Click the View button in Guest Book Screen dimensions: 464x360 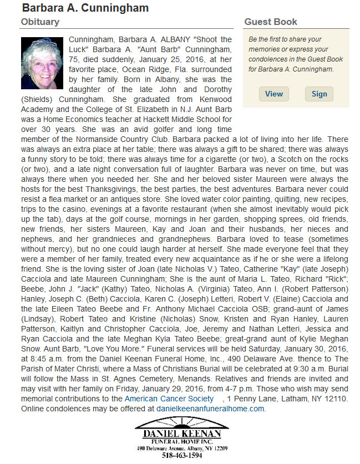point(273,94)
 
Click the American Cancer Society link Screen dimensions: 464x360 point(169,399)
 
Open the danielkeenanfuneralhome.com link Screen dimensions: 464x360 point(210,409)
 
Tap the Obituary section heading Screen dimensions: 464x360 point(40,22)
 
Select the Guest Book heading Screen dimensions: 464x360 point(271,22)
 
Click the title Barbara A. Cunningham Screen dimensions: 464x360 point(85,8)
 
